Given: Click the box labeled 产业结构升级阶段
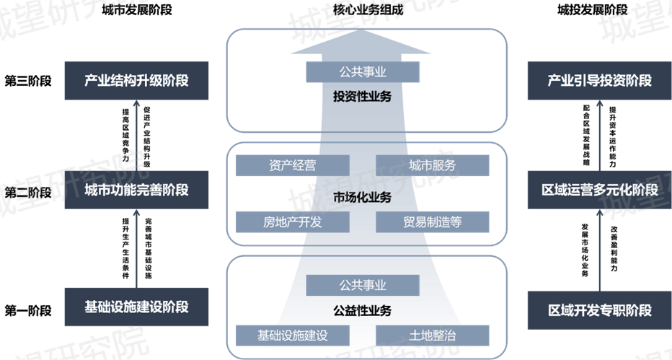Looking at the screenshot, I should pos(136,81).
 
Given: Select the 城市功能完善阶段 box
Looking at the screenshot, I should pos(136,190).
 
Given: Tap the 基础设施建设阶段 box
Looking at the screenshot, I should pos(136,307).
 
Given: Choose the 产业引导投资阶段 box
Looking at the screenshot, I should pos(600,81).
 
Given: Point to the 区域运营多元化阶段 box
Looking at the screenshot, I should pos(600,190).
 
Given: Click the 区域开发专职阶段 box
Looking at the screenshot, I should pos(600,311).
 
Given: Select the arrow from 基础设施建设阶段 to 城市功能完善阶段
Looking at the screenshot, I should pos(136,249).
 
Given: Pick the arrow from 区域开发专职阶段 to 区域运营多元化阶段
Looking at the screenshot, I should pos(600,250).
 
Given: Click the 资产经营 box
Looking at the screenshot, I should pos(291,165).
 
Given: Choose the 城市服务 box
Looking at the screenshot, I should pos(433,165).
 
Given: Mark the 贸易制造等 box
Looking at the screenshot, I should pos(433,221).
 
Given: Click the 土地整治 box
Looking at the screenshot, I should pos(433,335).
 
